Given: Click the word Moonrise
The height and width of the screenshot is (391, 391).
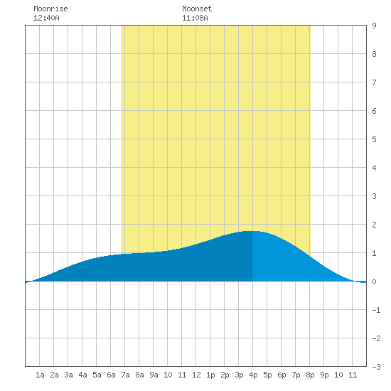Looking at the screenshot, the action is pyautogui.click(x=50, y=9).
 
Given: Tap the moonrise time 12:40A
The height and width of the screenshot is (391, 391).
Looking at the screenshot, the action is pyautogui.click(x=46, y=18).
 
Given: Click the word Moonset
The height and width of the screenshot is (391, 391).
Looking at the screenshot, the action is pyautogui.click(x=197, y=9).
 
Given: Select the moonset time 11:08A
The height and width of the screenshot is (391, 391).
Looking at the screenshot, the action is pyautogui.click(x=195, y=18).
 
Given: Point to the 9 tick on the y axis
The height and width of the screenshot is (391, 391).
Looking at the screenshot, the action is pyautogui.click(x=374, y=26).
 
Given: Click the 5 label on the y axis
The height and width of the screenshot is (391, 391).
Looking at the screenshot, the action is pyautogui.click(x=374, y=139).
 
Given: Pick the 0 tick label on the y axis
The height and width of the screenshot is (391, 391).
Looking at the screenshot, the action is pyautogui.click(x=374, y=282).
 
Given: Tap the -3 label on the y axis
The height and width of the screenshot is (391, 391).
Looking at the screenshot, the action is pyautogui.click(x=376, y=367).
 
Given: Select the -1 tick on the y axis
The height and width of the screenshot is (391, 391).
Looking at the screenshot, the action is pyautogui.click(x=376, y=310).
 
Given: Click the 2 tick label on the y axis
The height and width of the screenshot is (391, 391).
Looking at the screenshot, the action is pyautogui.click(x=374, y=225).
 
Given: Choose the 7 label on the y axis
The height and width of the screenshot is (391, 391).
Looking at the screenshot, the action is pyautogui.click(x=374, y=82).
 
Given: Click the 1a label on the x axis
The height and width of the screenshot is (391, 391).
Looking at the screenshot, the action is pyautogui.click(x=40, y=375).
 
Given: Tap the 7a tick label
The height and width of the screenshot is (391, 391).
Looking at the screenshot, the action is pyautogui.click(x=125, y=375).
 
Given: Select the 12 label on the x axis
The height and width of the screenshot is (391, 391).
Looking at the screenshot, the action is pyautogui.click(x=196, y=375).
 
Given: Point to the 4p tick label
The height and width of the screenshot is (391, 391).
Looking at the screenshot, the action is pyautogui.click(x=253, y=375).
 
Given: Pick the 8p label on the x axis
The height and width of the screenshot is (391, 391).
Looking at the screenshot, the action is pyautogui.click(x=310, y=375).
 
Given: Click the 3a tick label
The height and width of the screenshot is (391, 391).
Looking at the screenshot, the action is pyautogui.click(x=68, y=375).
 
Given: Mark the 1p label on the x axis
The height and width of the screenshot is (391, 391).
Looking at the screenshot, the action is pyautogui.click(x=210, y=375).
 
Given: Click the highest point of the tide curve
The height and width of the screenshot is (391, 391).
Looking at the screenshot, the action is pyautogui.click(x=252, y=231).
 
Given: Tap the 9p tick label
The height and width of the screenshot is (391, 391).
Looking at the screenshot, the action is pyautogui.click(x=324, y=375).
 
